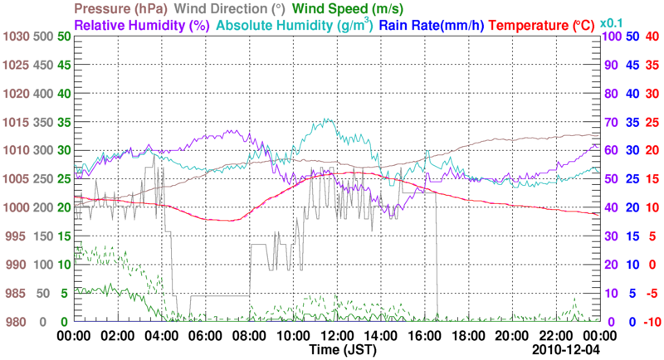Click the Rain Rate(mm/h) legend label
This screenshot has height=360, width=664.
pos(432,25)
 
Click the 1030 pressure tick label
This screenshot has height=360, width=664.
pos(16,36)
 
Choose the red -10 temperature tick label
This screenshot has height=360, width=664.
pos(651,321)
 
